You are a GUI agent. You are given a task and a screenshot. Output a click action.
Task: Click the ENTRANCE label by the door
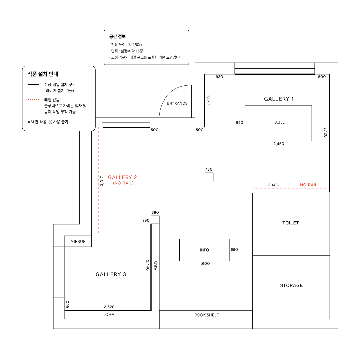pos(177,103)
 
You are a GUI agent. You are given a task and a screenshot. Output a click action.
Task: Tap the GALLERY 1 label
pos(279,99)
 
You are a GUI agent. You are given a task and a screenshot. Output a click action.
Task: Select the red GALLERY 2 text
pos(122,177)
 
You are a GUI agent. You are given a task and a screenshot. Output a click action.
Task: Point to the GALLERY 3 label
pos(111,274)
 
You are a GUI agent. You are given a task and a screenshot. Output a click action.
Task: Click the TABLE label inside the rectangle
pos(279,122)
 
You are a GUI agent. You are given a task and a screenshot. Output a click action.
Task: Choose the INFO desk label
pos(204,250)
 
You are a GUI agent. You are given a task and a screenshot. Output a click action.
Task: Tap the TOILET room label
pos(291,223)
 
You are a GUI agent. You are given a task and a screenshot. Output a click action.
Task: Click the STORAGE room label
pos(291,285)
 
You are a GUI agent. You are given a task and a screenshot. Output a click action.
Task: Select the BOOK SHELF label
pos(207,315)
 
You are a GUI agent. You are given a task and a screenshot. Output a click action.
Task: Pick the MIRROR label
pos(78,242)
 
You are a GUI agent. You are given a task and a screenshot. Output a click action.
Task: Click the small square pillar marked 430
pos(209,177)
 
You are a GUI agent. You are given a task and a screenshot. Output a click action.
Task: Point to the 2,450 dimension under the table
pos(279,144)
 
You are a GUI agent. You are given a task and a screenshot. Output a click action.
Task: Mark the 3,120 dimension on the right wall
pos(326,132)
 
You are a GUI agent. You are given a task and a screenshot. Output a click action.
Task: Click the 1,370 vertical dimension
pos(209,100)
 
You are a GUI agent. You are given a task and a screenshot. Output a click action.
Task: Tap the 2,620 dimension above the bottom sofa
pos(109,307)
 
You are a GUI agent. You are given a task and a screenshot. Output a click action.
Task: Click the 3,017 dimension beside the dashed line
pos(102,181)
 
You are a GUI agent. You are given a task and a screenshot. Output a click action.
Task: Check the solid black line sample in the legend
pos(33,84)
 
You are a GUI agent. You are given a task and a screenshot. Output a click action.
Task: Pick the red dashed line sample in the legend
pos(34,99)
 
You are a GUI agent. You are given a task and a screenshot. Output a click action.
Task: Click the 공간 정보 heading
pos(118,36)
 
